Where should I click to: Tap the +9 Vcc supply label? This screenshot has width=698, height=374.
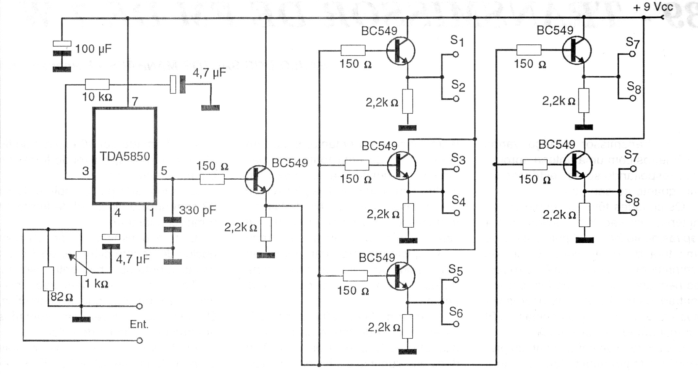pos(653,7)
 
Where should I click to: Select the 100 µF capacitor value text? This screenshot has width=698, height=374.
pos(93,49)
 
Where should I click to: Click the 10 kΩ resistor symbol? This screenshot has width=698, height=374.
pos(97,84)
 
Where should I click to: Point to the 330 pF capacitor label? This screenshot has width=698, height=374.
pos(197,210)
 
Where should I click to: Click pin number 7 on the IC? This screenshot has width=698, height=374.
pos(135,102)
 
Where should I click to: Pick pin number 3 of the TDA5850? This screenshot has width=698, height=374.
pos(85,171)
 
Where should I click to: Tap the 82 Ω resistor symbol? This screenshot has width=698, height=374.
pos(48,279)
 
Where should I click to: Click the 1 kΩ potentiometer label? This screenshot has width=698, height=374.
pos(97,283)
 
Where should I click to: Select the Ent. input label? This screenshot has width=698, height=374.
pos(139,324)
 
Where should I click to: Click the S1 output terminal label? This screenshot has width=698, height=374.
pos(457,41)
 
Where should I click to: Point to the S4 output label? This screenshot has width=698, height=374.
pos(458,201)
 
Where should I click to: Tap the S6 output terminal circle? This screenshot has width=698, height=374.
pos(456,324)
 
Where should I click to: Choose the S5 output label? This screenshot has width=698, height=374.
pos(456,270)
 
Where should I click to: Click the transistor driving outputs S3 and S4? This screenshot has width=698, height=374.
pos(402,166)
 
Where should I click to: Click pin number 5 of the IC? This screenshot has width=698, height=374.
pos(164,170)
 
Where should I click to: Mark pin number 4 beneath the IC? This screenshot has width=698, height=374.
pos(118,213)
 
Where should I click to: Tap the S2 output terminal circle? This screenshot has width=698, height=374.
pos(456,99)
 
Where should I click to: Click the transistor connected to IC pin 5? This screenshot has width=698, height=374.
pos(259,179)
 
